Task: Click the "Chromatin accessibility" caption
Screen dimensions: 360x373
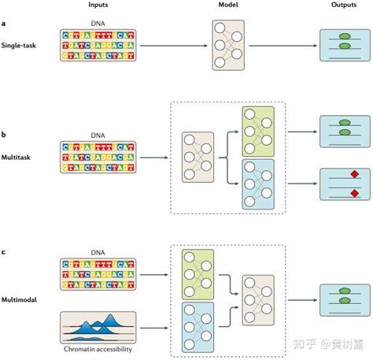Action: [98, 347]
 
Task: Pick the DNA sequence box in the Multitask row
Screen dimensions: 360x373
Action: [98, 158]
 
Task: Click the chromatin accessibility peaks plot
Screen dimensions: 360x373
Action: [98, 327]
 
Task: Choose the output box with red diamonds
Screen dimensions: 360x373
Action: [342, 184]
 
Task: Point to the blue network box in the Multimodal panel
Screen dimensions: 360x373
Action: [200, 326]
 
